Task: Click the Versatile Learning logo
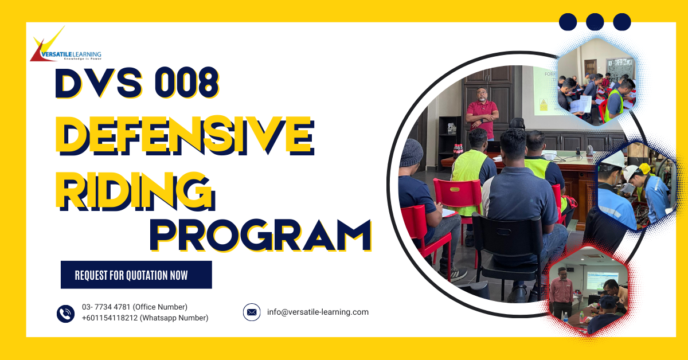click(66, 44)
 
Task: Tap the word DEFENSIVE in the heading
click(185, 135)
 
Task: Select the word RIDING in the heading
click(135, 191)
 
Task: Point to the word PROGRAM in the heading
click(261, 235)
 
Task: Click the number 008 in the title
click(187, 83)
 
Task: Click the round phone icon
click(65, 314)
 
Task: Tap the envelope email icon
click(252, 312)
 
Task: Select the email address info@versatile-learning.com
click(318, 312)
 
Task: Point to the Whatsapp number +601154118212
click(110, 318)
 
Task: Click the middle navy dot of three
click(595, 22)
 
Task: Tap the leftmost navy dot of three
click(568, 22)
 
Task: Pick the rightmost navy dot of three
click(622, 22)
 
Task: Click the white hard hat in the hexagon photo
click(614, 160)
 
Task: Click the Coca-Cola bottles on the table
click(458, 151)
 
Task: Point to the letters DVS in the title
click(99, 83)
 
